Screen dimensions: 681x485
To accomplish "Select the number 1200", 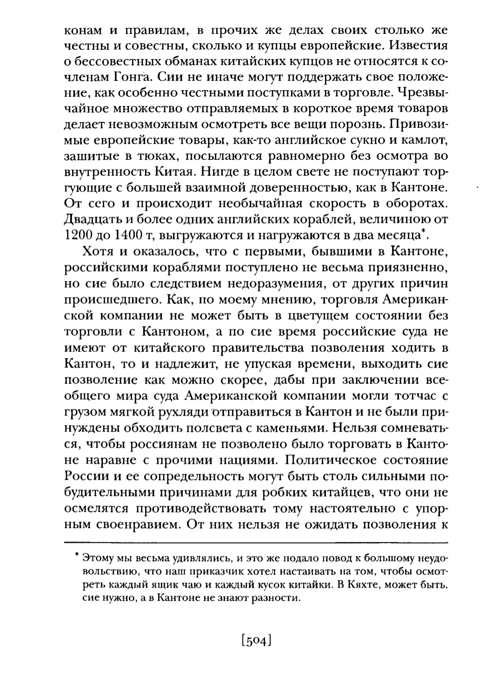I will [x=77, y=236].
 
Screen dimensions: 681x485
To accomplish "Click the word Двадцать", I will [x=89, y=220].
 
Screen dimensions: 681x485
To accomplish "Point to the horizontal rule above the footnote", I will [x=255, y=542].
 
